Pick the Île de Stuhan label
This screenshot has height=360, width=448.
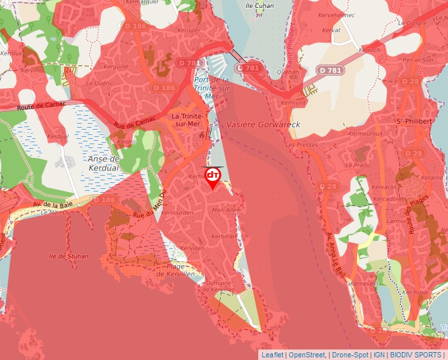[x=69, y=256]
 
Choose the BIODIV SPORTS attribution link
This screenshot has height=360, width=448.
[x=416, y=355]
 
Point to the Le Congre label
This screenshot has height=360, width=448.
[x=412, y=24]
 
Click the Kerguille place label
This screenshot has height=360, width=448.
[x=117, y=66]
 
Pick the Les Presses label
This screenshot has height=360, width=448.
[x=298, y=144]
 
